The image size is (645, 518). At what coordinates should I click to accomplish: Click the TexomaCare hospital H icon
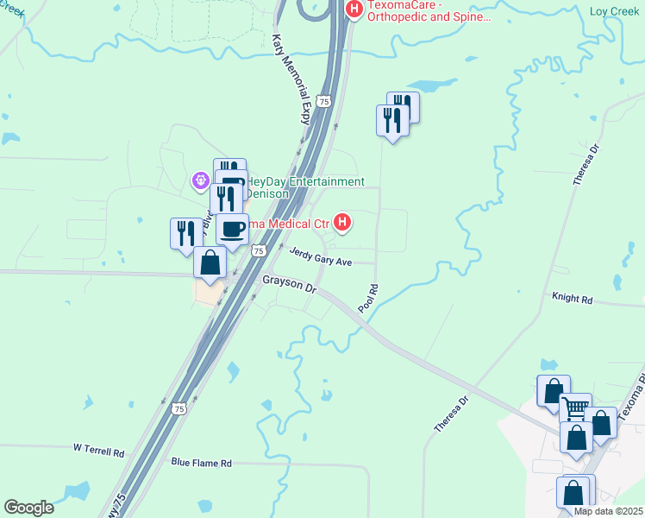pos(354,9)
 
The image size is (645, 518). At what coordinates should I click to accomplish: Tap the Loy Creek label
pos(613,11)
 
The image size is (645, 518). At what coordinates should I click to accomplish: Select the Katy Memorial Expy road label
pos(291,79)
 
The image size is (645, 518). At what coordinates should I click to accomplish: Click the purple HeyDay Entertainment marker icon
pos(201,180)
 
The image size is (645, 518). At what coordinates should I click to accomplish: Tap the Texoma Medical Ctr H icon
pos(343,224)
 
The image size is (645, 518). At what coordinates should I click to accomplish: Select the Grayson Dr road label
pos(289,284)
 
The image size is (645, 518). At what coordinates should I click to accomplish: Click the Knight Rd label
pos(573,299)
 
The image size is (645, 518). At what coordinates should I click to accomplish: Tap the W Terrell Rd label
pos(98,451)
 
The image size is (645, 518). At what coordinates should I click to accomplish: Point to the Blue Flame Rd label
pos(202,463)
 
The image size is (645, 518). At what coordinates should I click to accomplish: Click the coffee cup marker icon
pos(232,230)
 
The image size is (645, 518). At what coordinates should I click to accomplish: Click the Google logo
pos(28,508)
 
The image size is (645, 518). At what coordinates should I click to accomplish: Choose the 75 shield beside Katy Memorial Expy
pos(323,101)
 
